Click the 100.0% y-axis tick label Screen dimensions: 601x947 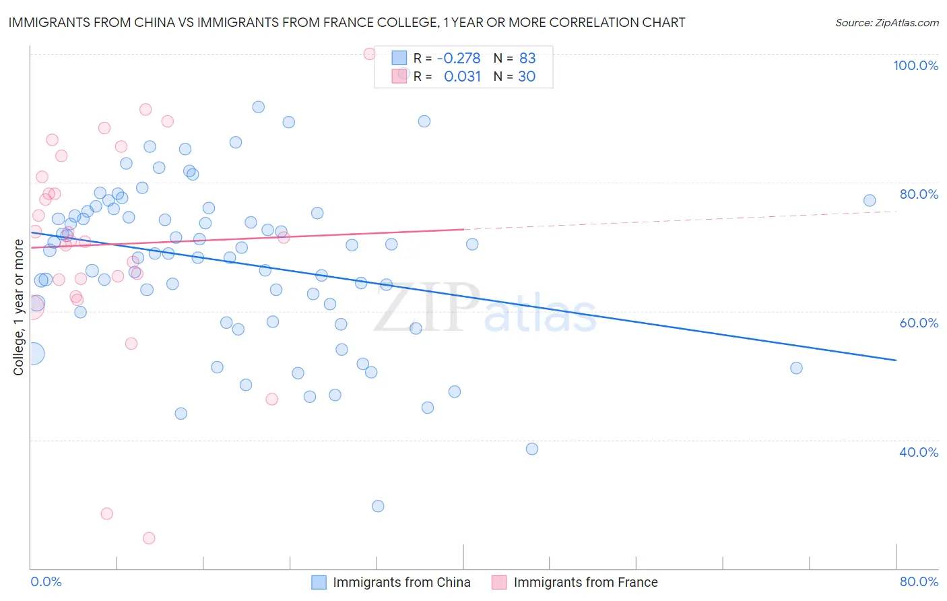point(915,65)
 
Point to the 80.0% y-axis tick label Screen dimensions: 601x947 point(919,194)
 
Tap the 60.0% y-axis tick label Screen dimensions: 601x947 point(919,323)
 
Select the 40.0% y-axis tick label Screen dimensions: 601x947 point(919,452)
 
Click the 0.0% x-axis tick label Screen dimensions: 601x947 point(46,581)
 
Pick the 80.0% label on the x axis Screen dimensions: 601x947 point(919,581)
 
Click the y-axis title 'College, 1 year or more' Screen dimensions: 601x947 point(19,307)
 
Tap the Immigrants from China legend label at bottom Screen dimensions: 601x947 point(401,582)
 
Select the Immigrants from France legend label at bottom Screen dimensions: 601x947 point(585,582)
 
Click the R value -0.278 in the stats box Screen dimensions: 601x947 point(459,58)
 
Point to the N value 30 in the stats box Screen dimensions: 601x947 point(527,76)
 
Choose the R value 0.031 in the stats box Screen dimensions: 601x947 point(462,76)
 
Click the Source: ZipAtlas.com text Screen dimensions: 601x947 point(887,22)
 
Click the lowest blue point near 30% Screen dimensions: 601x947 point(378,506)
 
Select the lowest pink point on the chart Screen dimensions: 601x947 point(149,538)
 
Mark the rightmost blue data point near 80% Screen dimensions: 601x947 point(870,200)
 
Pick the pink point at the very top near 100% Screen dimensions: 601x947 point(369,54)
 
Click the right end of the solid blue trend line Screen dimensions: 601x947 point(896,360)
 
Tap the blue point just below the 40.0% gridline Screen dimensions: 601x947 point(532,449)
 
